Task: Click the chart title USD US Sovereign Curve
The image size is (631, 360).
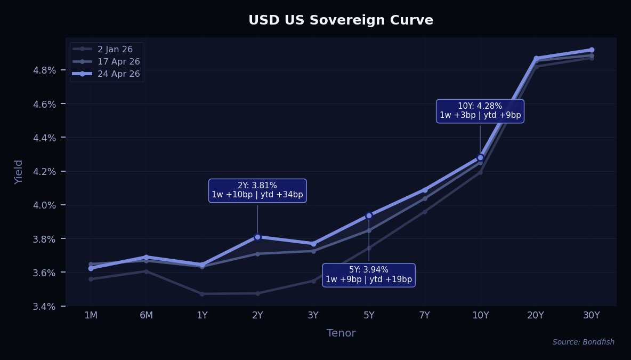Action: tap(341, 20)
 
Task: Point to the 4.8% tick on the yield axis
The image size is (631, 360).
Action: tap(45, 70)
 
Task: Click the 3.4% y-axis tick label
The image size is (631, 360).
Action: tap(45, 306)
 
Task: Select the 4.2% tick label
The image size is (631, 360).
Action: tap(45, 171)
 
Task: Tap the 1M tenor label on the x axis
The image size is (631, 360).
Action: tap(91, 315)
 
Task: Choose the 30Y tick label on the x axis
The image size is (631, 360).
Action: tap(591, 315)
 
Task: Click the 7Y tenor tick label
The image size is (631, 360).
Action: tap(424, 315)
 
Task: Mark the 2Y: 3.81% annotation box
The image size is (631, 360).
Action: tap(257, 190)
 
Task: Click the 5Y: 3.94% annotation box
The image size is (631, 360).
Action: tap(369, 275)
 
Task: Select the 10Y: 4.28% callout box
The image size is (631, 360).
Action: tap(480, 111)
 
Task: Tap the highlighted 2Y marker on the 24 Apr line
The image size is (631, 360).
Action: tap(257, 237)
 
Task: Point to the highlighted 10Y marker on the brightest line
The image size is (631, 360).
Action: tap(480, 157)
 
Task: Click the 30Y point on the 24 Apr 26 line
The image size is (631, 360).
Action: tap(592, 50)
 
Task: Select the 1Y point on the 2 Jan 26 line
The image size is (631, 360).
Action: tap(202, 294)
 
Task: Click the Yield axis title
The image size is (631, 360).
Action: tap(19, 172)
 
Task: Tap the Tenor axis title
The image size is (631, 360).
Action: tap(341, 333)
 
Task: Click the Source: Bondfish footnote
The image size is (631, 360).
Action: tap(583, 342)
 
